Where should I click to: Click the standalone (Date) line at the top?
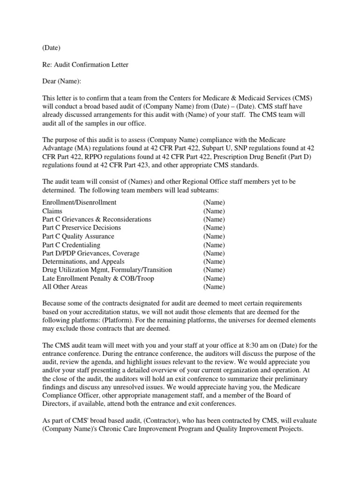[52, 48]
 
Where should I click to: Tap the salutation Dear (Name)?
[62, 81]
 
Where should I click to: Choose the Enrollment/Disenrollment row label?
[80, 202]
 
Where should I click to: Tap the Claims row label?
[52, 211]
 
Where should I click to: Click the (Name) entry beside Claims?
[214, 211]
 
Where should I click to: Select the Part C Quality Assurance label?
[78, 236]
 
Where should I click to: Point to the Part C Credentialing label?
[71, 245]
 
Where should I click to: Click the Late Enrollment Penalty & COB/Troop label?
[98, 278]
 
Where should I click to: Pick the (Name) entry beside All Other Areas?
[214, 287]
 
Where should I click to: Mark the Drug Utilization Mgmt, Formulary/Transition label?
[107, 270]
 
